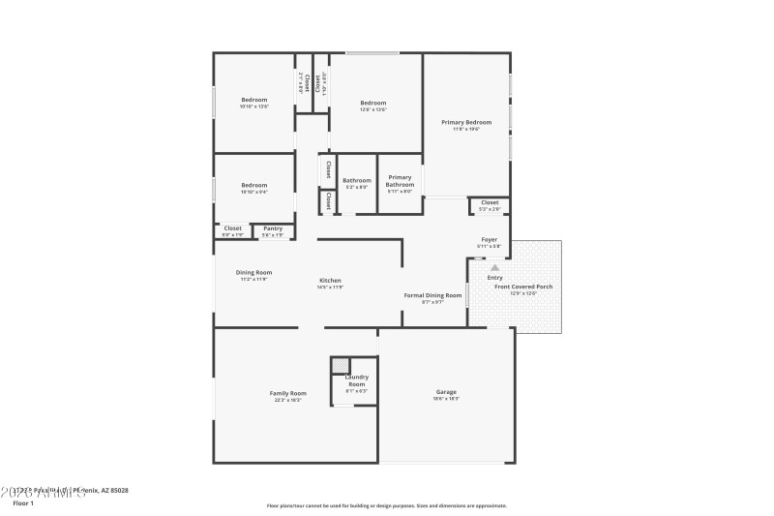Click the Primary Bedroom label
click(466, 122)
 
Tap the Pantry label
click(273, 228)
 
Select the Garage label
click(446, 392)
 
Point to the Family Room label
click(287, 393)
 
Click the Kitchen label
click(330, 281)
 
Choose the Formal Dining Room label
click(432, 294)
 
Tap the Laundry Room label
click(356, 380)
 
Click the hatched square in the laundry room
click(340, 365)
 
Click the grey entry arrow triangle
click(494, 267)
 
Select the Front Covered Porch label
click(523, 287)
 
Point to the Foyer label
click(490, 239)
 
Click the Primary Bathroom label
click(400, 180)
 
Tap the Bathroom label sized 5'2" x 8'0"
click(356, 180)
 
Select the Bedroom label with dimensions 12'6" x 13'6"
click(373, 103)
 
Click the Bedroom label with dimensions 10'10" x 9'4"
click(254, 185)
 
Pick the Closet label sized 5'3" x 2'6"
click(490, 202)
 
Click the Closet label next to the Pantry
click(233, 228)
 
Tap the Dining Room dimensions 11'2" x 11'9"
click(254, 279)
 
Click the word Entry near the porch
click(494, 278)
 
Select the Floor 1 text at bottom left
click(23, 503)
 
